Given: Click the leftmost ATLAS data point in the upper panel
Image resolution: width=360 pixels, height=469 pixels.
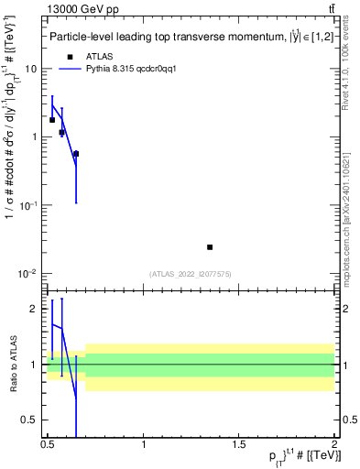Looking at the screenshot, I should click(52, 120).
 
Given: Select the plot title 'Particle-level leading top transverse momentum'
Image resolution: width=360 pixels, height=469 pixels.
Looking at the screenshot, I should click(174, 38).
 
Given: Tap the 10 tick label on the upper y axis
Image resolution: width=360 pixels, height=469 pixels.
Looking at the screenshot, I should click(31, 70).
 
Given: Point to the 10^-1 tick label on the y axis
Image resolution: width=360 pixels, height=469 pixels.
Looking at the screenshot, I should click(28, 205).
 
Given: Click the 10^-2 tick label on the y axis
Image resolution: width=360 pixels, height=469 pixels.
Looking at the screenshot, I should click(28, 274).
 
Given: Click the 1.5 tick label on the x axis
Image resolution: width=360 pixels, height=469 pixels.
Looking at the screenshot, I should click(239, 444).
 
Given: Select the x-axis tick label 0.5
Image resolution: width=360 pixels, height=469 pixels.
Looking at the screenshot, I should click(48, 444).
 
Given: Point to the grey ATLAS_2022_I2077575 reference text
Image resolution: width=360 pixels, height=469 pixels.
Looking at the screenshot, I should click(191, 274).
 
